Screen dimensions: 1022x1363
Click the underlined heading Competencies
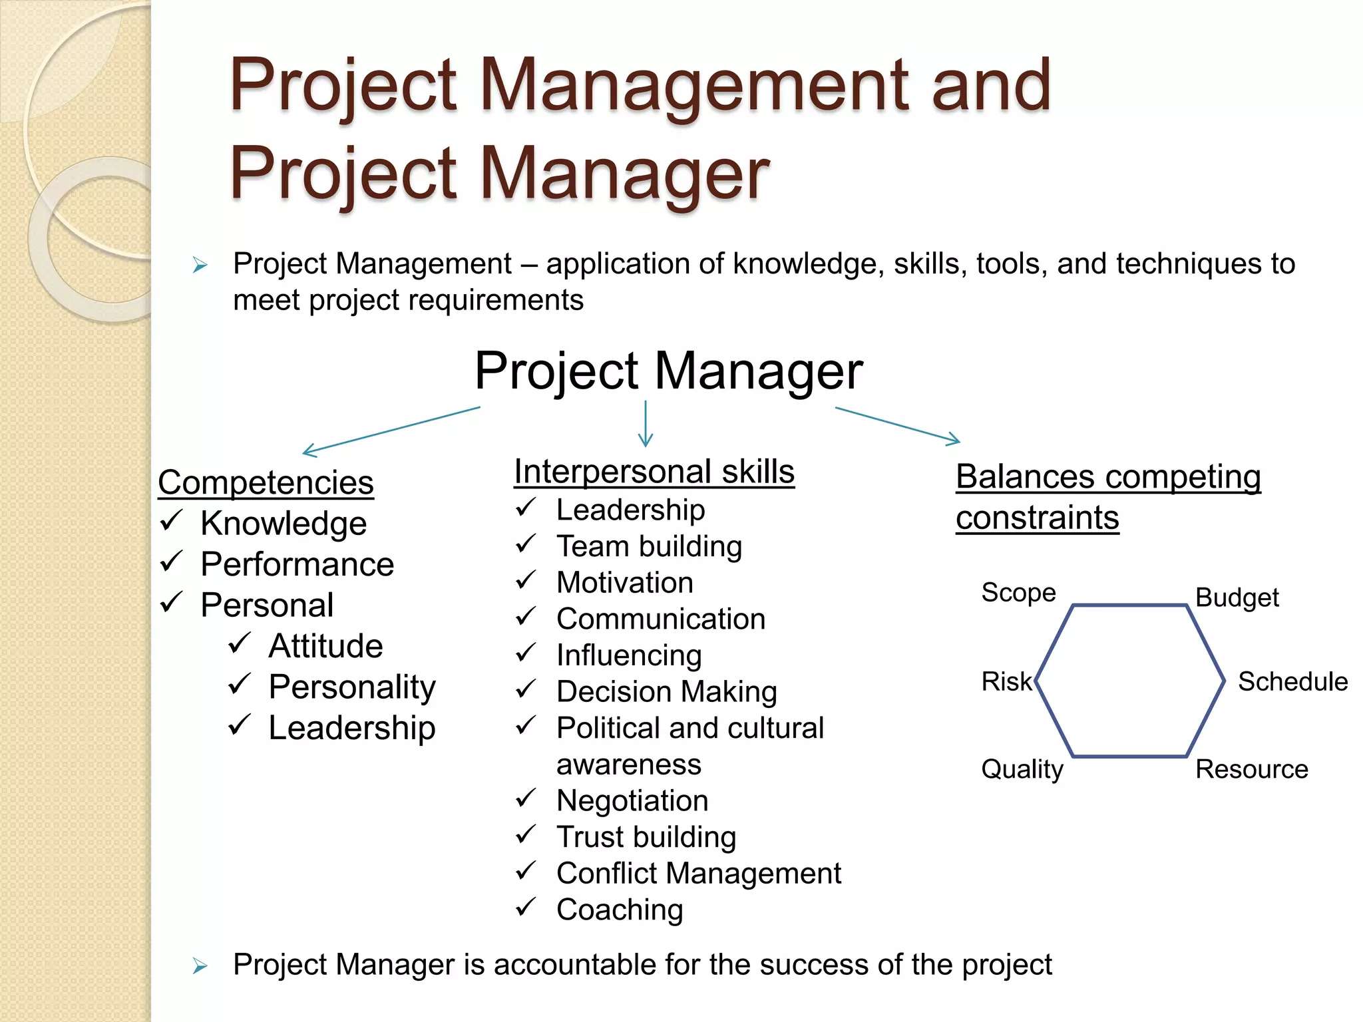coord(266,483)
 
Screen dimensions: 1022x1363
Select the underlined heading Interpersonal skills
coord(654,472)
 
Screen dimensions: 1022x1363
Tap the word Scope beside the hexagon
coord(1018,593)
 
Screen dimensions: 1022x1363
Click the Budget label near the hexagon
coord(1237,598)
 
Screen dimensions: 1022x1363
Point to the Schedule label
coord(1292,682)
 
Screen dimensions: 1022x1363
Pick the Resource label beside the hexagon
coord(1251,770)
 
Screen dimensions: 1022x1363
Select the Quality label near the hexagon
coord(1022,770)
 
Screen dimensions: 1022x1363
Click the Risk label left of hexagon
coord(1006,682)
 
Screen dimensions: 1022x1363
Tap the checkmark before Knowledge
coord(171,521)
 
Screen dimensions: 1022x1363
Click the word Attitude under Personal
coord(325,646)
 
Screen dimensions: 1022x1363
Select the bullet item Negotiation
coord(632,800)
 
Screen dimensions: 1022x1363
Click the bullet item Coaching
coord(620,910)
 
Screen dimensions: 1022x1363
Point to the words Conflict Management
coord(699,874)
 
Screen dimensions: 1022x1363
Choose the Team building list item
coord(649,547)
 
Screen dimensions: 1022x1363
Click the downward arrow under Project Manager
coord(646,424)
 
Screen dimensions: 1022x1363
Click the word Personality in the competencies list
coord(352,687)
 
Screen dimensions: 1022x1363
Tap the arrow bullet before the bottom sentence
coord(200,966)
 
